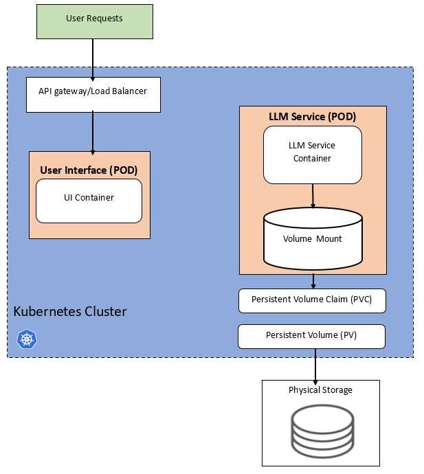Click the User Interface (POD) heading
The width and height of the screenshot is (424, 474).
click(89, 170)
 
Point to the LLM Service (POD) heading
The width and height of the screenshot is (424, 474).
click(312, 117)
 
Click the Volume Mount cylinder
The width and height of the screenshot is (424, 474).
click(313, 238)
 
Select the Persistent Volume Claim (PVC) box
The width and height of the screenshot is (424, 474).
click(311, 300)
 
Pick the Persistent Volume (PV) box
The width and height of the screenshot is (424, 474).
click(311, 336)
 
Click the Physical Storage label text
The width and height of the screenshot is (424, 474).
click(320, 390)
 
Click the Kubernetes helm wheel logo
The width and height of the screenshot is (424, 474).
click(27, 339)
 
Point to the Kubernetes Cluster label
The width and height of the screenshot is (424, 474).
click(70, 312)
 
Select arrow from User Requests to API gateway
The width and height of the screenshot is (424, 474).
click(93, 58)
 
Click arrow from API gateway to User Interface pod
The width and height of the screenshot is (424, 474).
click(93, 132)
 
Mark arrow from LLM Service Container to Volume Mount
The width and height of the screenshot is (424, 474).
click(313, 196)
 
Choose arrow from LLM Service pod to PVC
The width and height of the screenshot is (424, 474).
click(313, 282)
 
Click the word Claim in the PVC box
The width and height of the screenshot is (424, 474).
click(333, 300)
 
